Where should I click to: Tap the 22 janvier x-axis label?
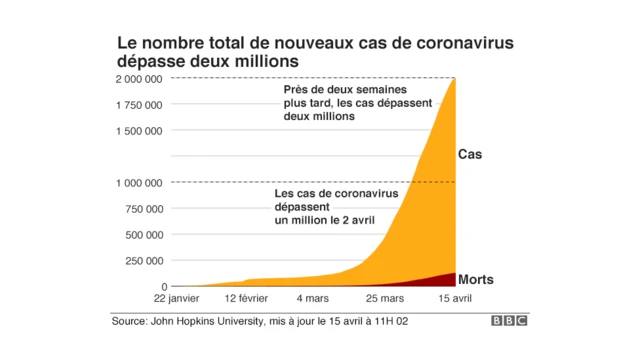coord(177,299)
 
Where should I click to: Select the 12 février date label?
coord(246,299)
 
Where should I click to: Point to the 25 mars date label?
coord(384,299)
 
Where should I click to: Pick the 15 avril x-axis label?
coord(455,299)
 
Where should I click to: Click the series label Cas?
coord(470,155)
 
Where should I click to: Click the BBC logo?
coord(509,322)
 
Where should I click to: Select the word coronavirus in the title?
coord(445,44)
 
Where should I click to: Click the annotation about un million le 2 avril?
coord(336,205)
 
